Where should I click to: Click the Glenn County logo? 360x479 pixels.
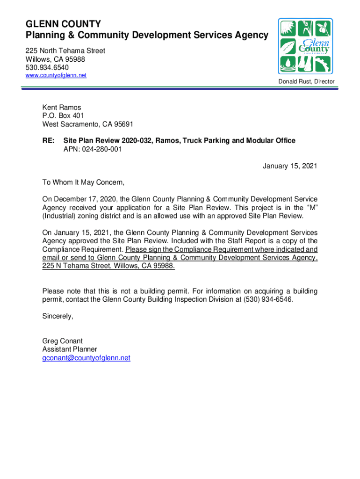[305, 46]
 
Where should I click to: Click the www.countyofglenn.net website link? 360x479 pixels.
[56, 75]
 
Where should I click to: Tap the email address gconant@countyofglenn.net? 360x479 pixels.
[86, 358]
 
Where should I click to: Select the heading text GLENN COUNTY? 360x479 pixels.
[63, 24]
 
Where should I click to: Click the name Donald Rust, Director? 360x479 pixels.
[306, 82]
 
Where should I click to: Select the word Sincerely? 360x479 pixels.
[58, 316]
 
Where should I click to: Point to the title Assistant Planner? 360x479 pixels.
[70, 349]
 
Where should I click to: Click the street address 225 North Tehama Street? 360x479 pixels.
[65, 51]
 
